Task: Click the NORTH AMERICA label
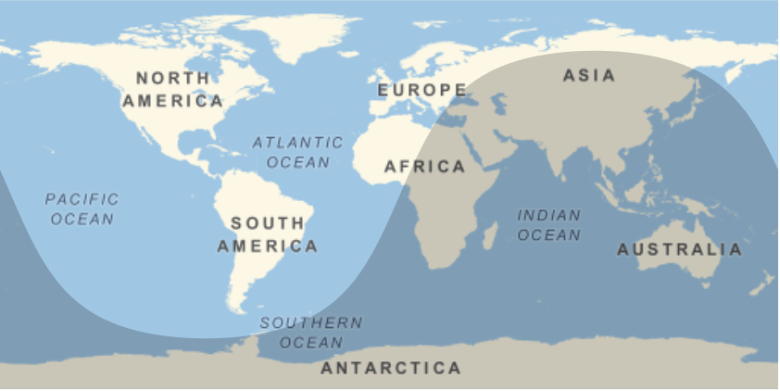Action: click(x=172, y=89)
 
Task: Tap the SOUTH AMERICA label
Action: click(x=267, y=234)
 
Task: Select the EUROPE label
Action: click(x=421, y=90)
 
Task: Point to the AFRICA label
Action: click(x=424, y=167)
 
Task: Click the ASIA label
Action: click(x=589, y=75)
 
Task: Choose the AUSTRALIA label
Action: click(x=679, y=249)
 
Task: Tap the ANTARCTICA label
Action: click(x=390, y=368)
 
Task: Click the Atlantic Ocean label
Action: click(x=297, y=152)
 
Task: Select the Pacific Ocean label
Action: click(x=82, y=208)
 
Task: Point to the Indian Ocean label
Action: click(x=548, y=225)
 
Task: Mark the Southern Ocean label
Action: click(x=310, y=332)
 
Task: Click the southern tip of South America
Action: click(x=243, y=309)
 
